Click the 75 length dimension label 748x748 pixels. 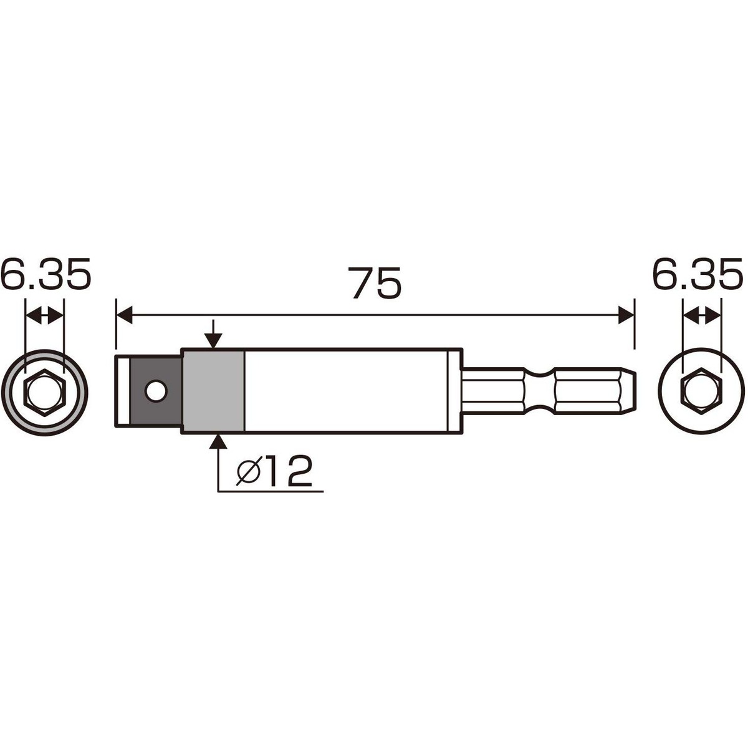[375, 284]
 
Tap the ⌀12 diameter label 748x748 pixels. [274, 472]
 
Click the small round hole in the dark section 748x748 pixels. [155, 391]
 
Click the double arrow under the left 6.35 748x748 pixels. [44, 316]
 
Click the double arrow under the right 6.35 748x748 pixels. [702, 316]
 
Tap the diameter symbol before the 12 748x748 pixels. [249, 473]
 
